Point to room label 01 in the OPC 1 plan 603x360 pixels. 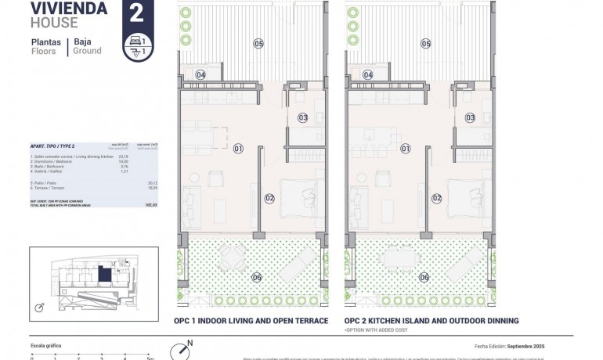pos(238,148)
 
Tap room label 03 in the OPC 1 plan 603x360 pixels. pos(303,118)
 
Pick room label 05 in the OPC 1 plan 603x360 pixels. pos(258,44)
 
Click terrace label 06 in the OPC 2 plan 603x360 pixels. pos(424,277)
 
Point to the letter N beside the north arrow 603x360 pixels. pos(190,343)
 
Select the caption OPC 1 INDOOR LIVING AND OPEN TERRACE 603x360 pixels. pos(249,320)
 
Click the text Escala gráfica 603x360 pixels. pos(45,345)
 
